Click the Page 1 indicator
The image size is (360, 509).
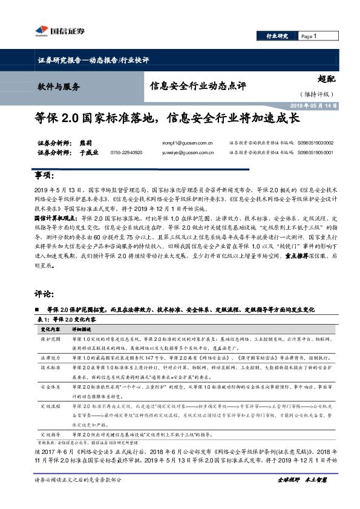pyautogui.click(x=309, y=36)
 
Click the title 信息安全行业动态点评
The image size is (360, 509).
pyautogui.click(x=198, y=86)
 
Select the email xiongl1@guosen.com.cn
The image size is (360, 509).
pyautogui.click(x=194, y=143)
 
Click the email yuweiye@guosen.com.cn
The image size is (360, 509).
pyautogui.click(x=194, y=153)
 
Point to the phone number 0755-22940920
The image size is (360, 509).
pyautogui.click(x=127, y=153)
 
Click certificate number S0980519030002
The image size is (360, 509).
pyautogui.click(x=315, y=143)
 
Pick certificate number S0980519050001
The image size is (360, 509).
pyautogui.click(x=315, y=153)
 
